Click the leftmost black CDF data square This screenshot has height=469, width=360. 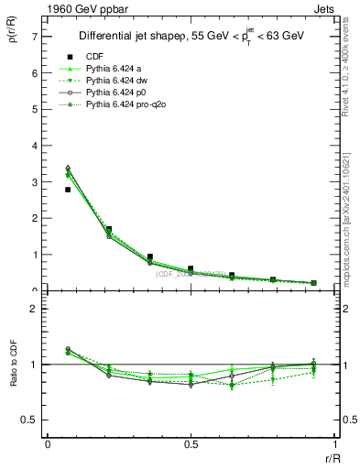coord(68,190)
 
